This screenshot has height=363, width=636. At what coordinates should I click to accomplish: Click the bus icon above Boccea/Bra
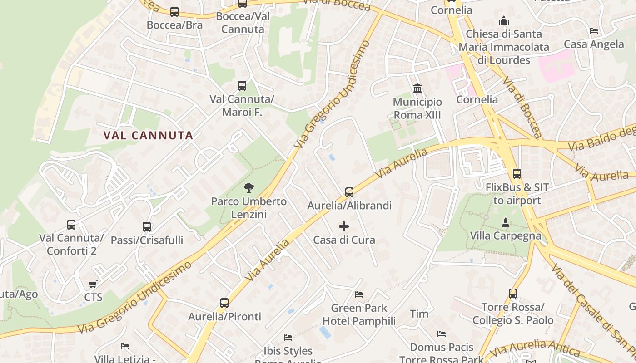174,12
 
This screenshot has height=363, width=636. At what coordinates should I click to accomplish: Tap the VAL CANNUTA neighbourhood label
148,135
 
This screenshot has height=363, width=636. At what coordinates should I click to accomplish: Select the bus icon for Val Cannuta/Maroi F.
242,86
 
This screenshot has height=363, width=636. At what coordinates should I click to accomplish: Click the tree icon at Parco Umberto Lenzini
248,188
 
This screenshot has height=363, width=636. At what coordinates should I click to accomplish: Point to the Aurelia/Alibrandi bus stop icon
349,192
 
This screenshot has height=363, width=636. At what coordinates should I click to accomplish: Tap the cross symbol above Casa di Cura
344,226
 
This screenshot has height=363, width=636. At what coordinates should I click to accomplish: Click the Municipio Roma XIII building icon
417,88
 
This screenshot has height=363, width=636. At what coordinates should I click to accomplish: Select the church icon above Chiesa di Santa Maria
503,20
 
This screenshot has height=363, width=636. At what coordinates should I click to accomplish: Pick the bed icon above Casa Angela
593,31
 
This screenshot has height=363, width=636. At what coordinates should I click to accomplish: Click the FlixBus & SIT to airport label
517,194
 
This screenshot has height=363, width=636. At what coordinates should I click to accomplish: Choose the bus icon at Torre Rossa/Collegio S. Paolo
513,294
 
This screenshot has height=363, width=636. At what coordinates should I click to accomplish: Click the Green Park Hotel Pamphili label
359,314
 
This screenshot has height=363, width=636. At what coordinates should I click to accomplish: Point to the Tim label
419,314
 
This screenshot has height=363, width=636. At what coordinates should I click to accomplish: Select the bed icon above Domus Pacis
441,334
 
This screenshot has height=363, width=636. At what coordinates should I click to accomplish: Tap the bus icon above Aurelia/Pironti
224,303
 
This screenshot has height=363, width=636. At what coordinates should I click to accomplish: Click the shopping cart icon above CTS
93,285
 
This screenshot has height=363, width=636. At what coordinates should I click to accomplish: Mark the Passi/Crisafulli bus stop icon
147,227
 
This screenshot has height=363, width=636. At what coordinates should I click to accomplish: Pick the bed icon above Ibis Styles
288,338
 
